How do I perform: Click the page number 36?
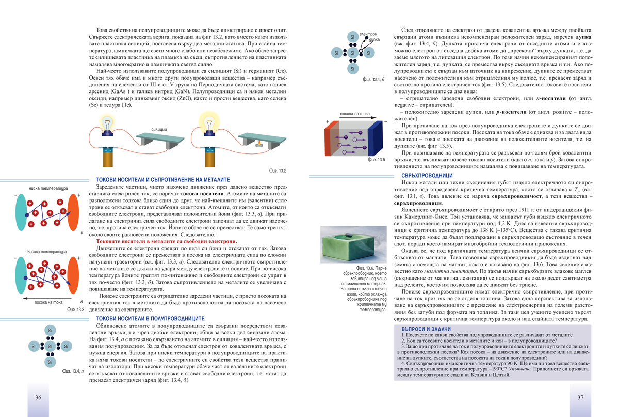click(38, 397)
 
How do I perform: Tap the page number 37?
click(580, 397)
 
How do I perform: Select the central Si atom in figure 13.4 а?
click(50, 346)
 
